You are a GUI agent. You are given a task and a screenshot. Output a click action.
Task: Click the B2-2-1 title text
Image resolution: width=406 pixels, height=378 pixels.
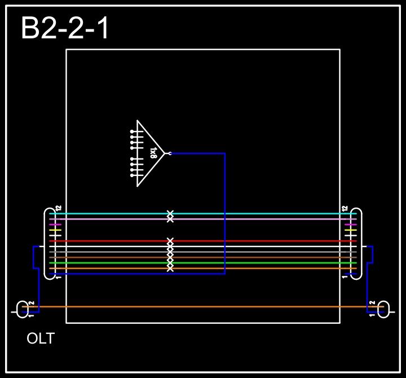point(65,28)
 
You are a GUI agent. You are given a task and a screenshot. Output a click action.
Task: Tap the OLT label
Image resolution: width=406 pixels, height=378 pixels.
point(41,339)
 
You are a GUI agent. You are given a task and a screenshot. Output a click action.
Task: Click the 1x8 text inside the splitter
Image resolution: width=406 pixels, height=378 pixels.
point(153,153)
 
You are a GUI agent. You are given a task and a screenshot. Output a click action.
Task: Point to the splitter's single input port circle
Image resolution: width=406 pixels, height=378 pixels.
point(170,153)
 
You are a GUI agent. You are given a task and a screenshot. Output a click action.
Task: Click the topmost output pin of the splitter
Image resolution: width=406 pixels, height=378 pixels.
point(133,131)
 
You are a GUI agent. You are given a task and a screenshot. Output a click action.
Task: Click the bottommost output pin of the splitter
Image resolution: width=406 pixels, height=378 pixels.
point(133,175)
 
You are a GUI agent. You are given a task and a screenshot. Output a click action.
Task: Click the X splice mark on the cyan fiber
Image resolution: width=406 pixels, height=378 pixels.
point(170,213)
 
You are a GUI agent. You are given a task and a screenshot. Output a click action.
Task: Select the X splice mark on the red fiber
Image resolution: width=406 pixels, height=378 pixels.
point(170,241)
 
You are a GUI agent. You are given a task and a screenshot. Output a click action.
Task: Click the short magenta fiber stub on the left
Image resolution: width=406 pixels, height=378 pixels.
point(55,225)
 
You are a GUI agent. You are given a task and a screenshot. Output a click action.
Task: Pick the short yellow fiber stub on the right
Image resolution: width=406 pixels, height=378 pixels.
point(351,230)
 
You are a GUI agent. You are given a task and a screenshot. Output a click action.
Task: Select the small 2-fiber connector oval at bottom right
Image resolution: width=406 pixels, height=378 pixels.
point(383,309)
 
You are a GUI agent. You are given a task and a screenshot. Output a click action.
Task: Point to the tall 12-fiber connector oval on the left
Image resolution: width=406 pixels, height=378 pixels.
point(50,244)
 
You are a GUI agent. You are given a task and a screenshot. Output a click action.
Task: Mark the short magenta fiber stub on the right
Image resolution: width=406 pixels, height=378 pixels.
point(351,225)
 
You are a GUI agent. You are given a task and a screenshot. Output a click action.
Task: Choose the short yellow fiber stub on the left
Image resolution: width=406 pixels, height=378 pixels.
point(55,230)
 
